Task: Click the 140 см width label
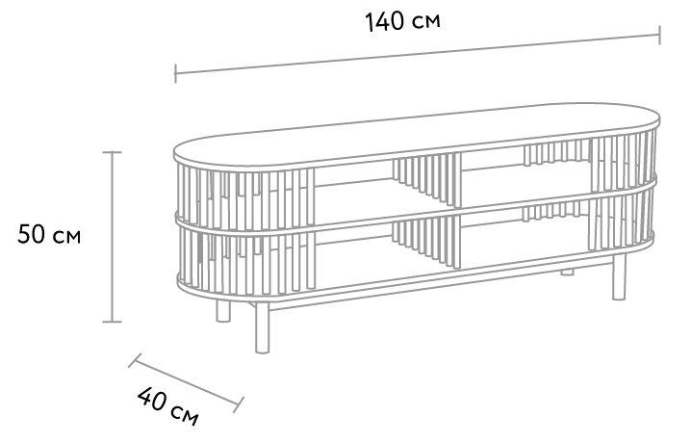[x=402, y=21]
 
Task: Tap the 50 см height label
[x=49, y=234]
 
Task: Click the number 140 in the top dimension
[x=384, y=21]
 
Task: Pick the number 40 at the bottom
[x=152, y=399]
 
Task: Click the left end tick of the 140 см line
[x=175, y=73]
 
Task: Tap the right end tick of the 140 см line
[x=659, y=36]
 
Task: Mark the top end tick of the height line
[x=112, y=152]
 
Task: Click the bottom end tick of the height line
[x=112, y=322]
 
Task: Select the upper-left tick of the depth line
[x=135, y=360]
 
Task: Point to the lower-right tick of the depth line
[x=239, y=404]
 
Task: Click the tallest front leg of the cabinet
[x=262, y=327]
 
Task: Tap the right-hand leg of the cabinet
[x=619, y=276]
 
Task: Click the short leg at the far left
[x=223, y=311]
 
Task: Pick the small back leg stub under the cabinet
[x=567, y=272]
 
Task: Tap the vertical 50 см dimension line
[x=112, y=237]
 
